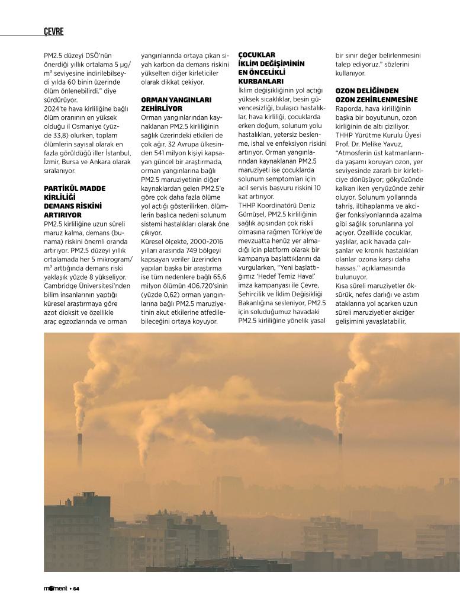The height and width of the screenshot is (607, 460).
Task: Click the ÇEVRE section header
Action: pos(54,31)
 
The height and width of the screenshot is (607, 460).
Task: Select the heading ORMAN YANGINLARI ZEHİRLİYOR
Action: pos(176,104)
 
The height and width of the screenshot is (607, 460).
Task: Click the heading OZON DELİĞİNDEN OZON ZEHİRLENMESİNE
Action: pos(376,95)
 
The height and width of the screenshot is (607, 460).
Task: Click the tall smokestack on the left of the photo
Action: pos(80,451)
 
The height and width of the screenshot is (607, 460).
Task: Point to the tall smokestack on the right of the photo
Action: pos(340,453)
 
